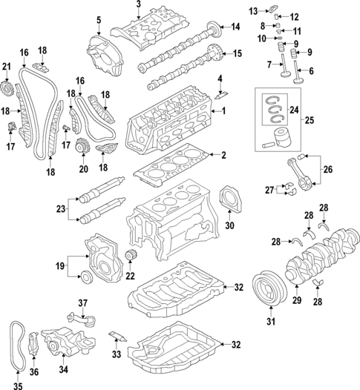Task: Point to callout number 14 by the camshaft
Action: point(235,27)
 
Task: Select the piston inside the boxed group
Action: point(281,140)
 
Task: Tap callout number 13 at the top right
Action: point(253,10)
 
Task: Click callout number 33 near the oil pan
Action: point(116,356)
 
